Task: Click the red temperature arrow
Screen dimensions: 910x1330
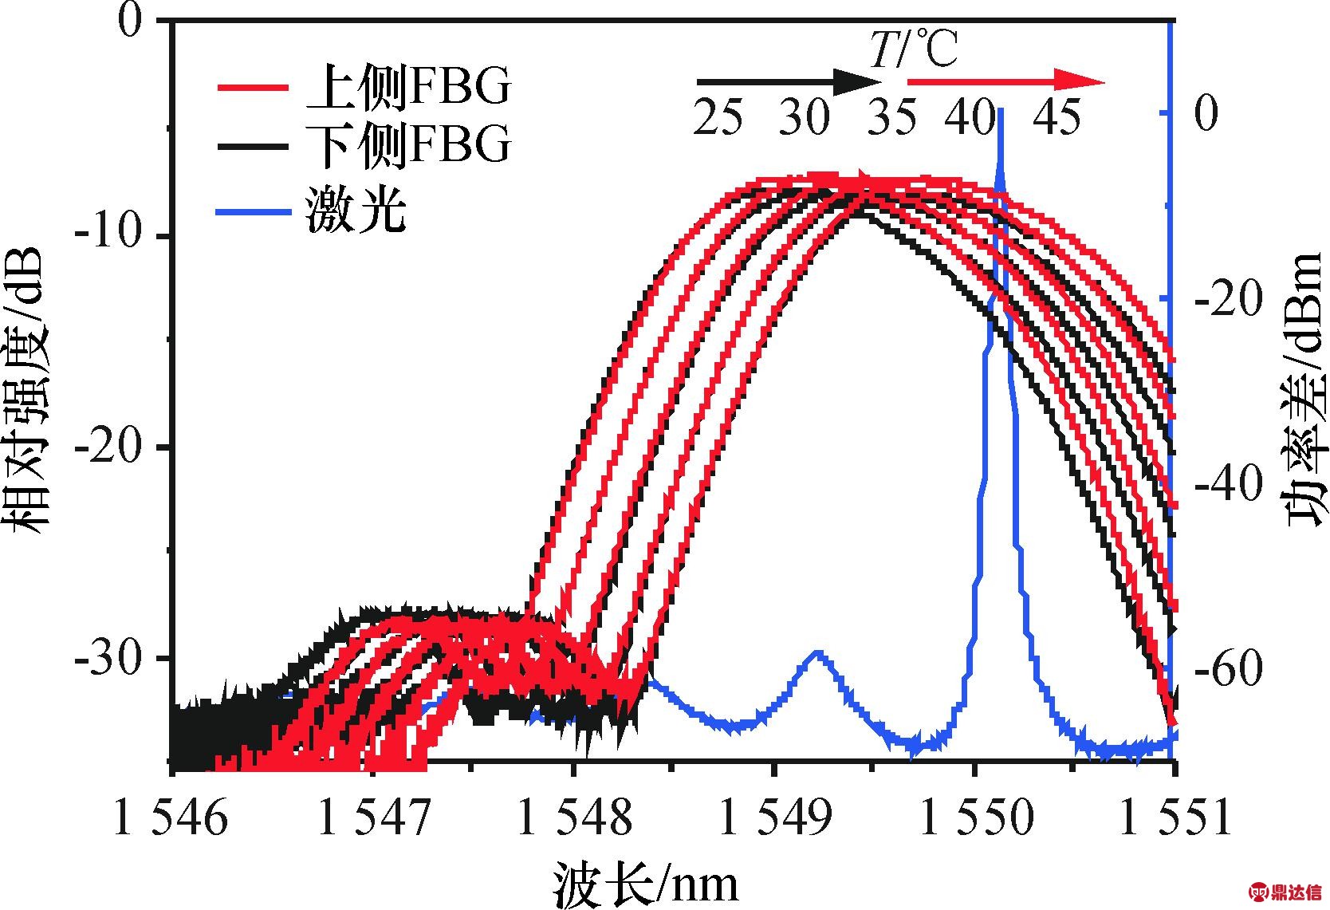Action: pos(1005,81)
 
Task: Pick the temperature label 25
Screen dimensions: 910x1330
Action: pos(718,118)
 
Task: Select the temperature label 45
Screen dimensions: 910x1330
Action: pos(1057,118)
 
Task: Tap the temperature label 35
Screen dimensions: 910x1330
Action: pos(891,118)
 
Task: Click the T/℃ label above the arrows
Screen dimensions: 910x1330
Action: pos(913,49)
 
